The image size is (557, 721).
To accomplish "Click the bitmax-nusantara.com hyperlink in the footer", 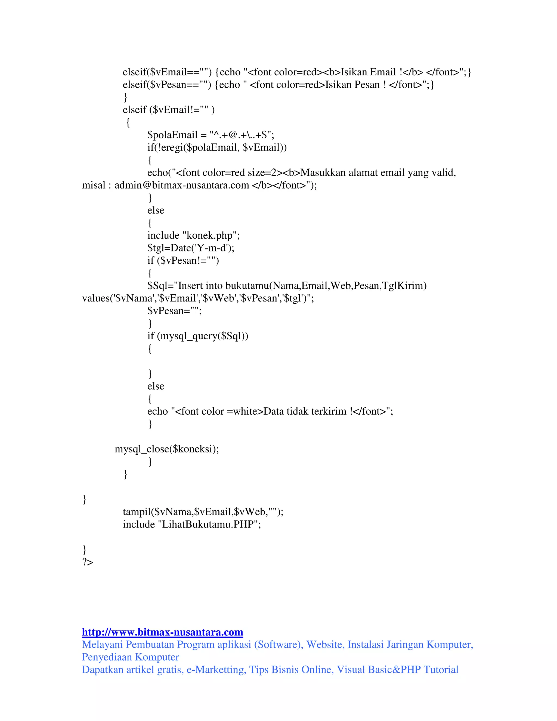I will point(162,632).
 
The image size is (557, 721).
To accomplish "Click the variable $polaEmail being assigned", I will point(172,135).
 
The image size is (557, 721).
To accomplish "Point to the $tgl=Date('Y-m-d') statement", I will point(191,248).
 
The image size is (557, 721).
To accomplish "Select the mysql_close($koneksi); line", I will point(167,449).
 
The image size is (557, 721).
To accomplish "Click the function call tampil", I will point(137,512).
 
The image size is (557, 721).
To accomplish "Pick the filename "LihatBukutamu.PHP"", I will point(208,524).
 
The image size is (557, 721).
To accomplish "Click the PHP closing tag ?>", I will point(88,562).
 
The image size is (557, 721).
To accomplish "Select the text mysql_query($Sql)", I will point(202,336).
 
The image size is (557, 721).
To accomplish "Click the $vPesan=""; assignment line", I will point(174,311).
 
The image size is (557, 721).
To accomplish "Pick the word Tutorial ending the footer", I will point(441,670).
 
